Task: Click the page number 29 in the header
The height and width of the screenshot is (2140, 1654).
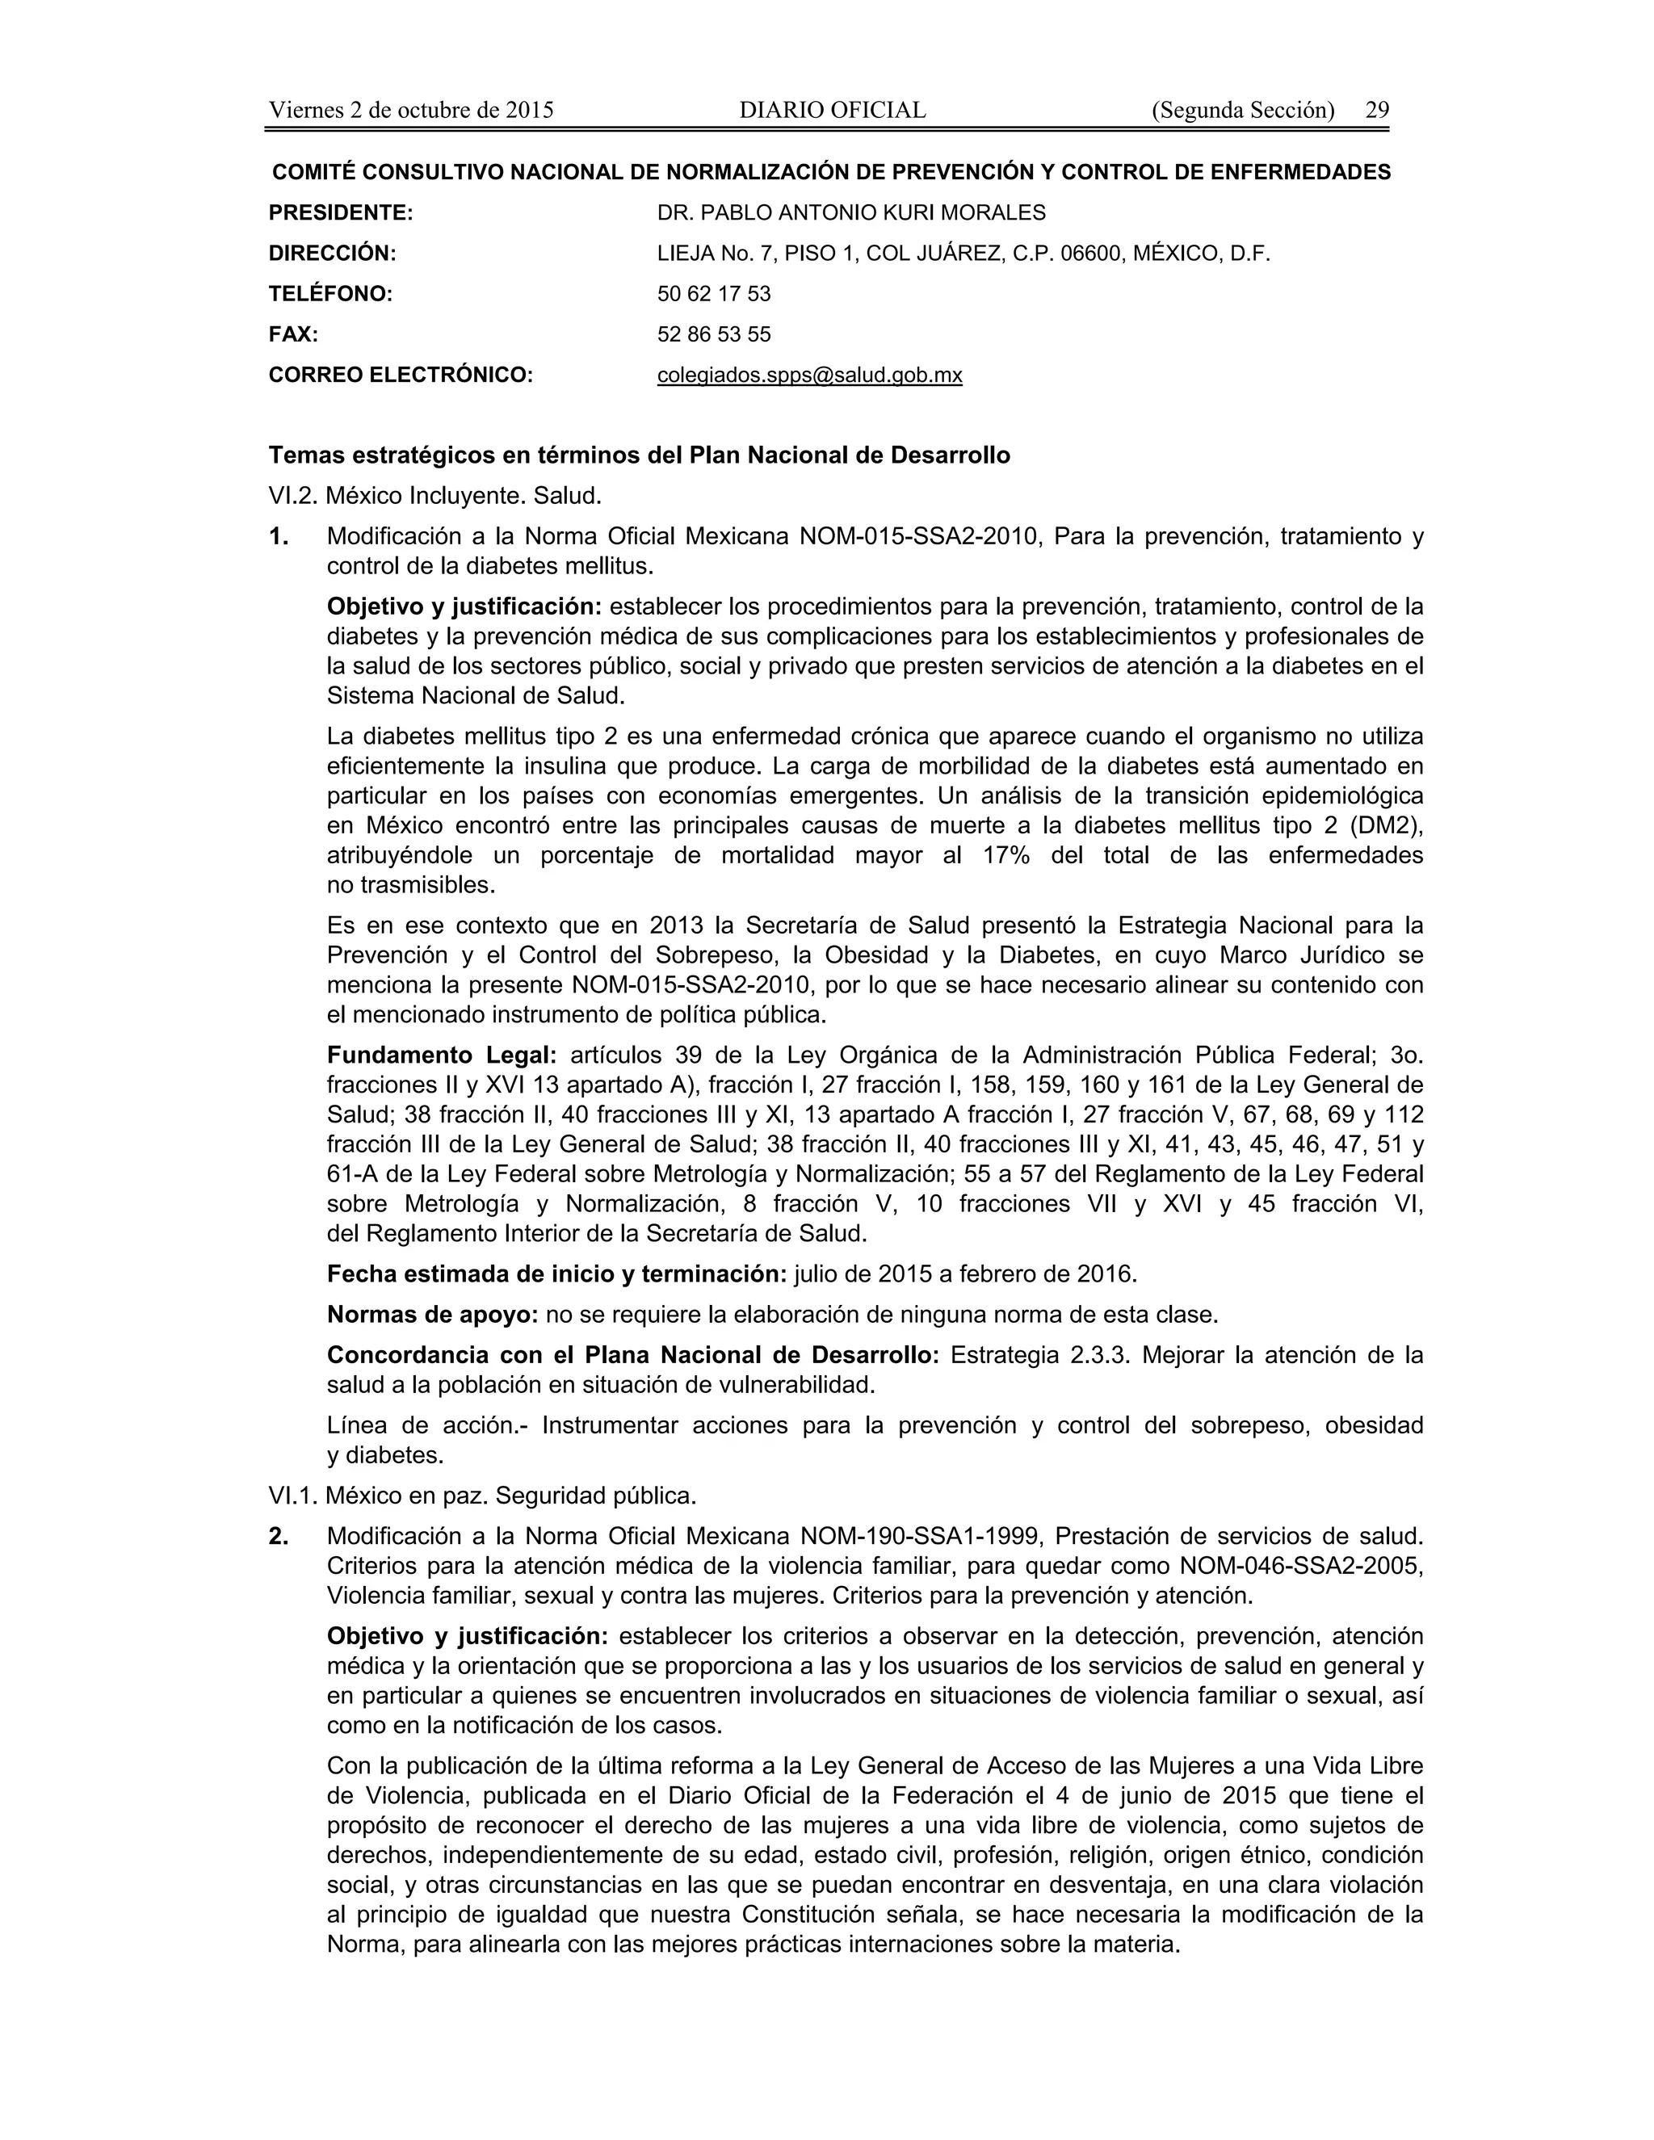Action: click(1377, 110)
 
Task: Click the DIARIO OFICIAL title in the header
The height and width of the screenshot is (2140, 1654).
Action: click(832, 110)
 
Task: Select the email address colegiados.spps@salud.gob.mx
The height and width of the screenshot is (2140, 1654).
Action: click(809, 376)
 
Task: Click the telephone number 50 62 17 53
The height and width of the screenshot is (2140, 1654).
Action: click(713, 294)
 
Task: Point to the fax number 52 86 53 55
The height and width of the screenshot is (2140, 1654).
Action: click(713, 334)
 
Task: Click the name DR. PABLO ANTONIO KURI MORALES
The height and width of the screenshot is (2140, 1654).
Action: click(850, 212)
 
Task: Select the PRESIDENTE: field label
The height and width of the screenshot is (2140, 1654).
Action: click(340, 212)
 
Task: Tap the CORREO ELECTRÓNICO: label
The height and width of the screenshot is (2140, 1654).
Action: click(400, 376)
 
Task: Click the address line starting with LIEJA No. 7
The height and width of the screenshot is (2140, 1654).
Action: click(962, 254)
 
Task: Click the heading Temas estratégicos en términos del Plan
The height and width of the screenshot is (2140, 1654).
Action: click(639, 455)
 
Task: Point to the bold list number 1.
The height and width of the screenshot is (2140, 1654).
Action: click(279, 536)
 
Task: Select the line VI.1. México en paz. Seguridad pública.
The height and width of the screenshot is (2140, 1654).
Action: click(482, 1496)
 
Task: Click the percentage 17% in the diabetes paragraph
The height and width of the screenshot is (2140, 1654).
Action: click(1005, 855)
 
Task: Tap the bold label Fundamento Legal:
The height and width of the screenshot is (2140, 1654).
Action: click(441, 1055)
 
